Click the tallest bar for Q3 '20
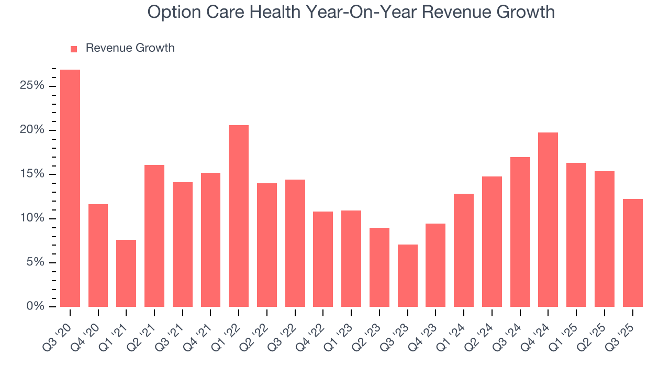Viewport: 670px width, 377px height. pyautogui.click(x=70, y=188)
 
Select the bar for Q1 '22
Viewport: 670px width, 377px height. pyautogui.click(x=239, y=216)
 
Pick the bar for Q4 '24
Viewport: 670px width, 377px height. pyautogui.click(x=548, y=219)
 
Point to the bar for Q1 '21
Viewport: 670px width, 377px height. pyautogui.click(x=126, y=273)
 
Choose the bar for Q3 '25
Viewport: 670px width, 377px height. pyautogui.click(x=632, y=253)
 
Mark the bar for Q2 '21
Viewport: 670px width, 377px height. pyautogui.click(x=154, y=236)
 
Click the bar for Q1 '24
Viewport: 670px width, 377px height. pyautogui.click(x=464, y=250)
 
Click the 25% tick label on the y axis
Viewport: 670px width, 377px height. pyautogui.click(x=32, y=85)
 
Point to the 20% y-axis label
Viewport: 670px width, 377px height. pyautogui.click(x=32, y=130)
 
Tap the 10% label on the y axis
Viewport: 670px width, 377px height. pyautogui.click(x=32, y=218)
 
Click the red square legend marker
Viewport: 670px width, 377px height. pyautogui.click(x=74, y=49)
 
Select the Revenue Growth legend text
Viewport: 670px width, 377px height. pyautogui.click(x=130, y=48)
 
